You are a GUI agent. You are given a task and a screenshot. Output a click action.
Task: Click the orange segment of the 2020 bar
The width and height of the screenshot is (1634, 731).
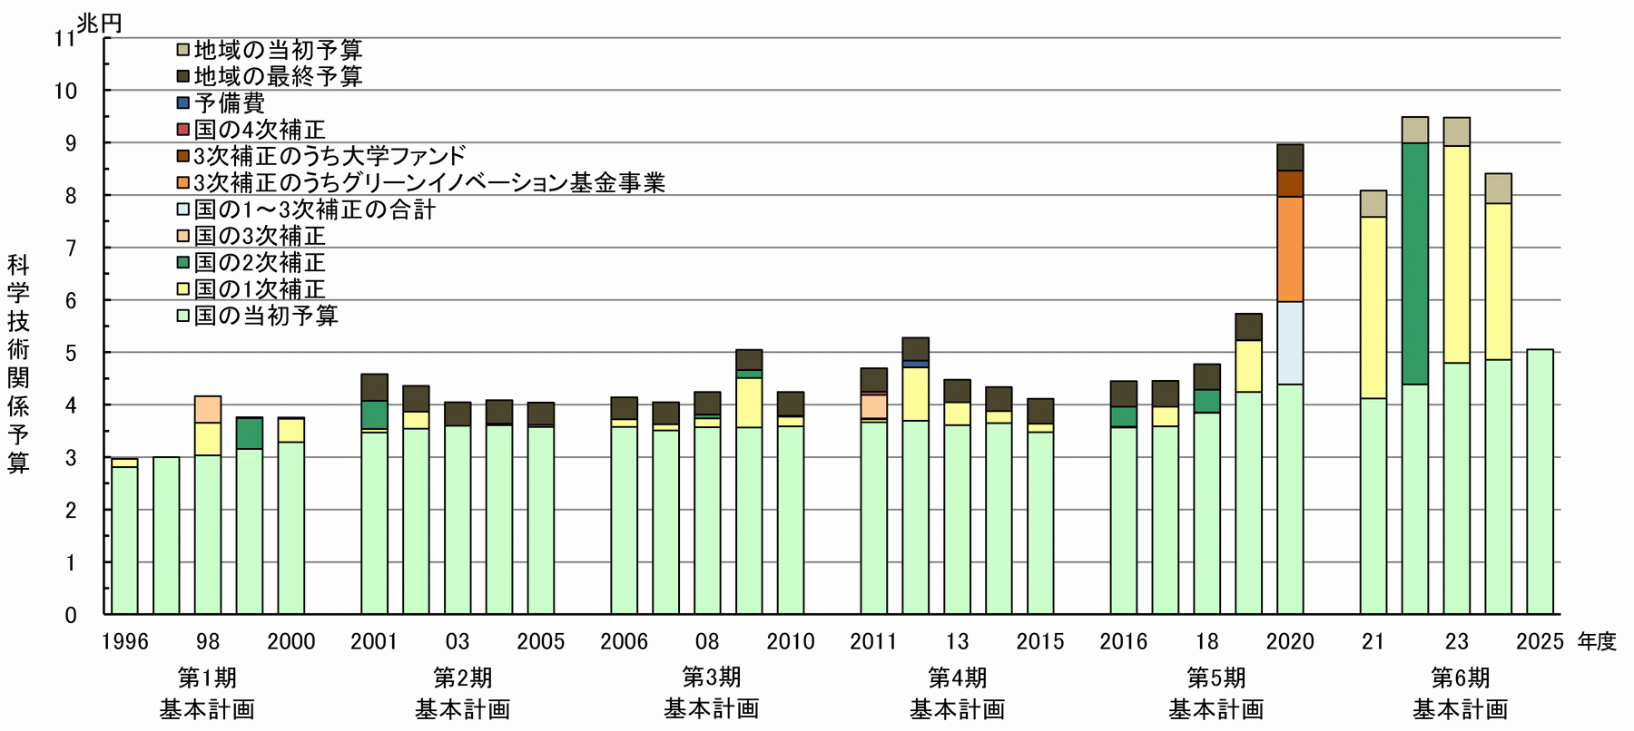pos(1290,249)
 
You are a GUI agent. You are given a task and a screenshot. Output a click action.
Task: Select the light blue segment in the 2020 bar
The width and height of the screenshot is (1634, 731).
pos(1290,343)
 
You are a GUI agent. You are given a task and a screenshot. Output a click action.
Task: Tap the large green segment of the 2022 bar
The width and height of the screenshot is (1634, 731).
pos(1414,263)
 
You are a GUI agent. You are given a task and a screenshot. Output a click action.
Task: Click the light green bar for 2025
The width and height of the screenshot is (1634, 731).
pos(1540,481)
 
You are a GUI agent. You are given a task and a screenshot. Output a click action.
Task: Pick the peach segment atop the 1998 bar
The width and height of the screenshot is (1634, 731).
pos(208,409)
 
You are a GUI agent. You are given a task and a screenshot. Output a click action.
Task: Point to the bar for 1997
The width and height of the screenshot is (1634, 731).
pos(166,535)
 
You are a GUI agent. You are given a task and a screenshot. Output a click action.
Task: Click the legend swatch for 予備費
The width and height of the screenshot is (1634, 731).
pos(183,102)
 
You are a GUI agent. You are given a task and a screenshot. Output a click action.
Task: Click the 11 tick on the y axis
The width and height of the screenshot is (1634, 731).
pos(64,38)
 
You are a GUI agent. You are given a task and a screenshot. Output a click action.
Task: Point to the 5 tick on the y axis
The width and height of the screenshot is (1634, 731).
pos(71,353)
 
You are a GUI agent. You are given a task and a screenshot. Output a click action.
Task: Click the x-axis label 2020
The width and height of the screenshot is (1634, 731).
pos(1290,642)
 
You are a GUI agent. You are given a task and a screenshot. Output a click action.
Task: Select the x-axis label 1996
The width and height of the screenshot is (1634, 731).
pos(124,642)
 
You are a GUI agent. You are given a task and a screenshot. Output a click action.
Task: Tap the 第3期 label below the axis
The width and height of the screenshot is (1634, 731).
pos(711,677)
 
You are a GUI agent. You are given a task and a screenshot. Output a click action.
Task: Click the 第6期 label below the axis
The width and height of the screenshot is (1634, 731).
pos(1460,677)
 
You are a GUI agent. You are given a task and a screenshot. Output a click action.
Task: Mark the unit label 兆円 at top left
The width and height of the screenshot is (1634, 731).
pos(99,23)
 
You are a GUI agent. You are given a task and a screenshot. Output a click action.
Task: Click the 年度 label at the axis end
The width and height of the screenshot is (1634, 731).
pos(1596,642)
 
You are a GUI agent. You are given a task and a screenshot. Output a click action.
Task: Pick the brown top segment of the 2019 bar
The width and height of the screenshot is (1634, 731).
pos(1248,327)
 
